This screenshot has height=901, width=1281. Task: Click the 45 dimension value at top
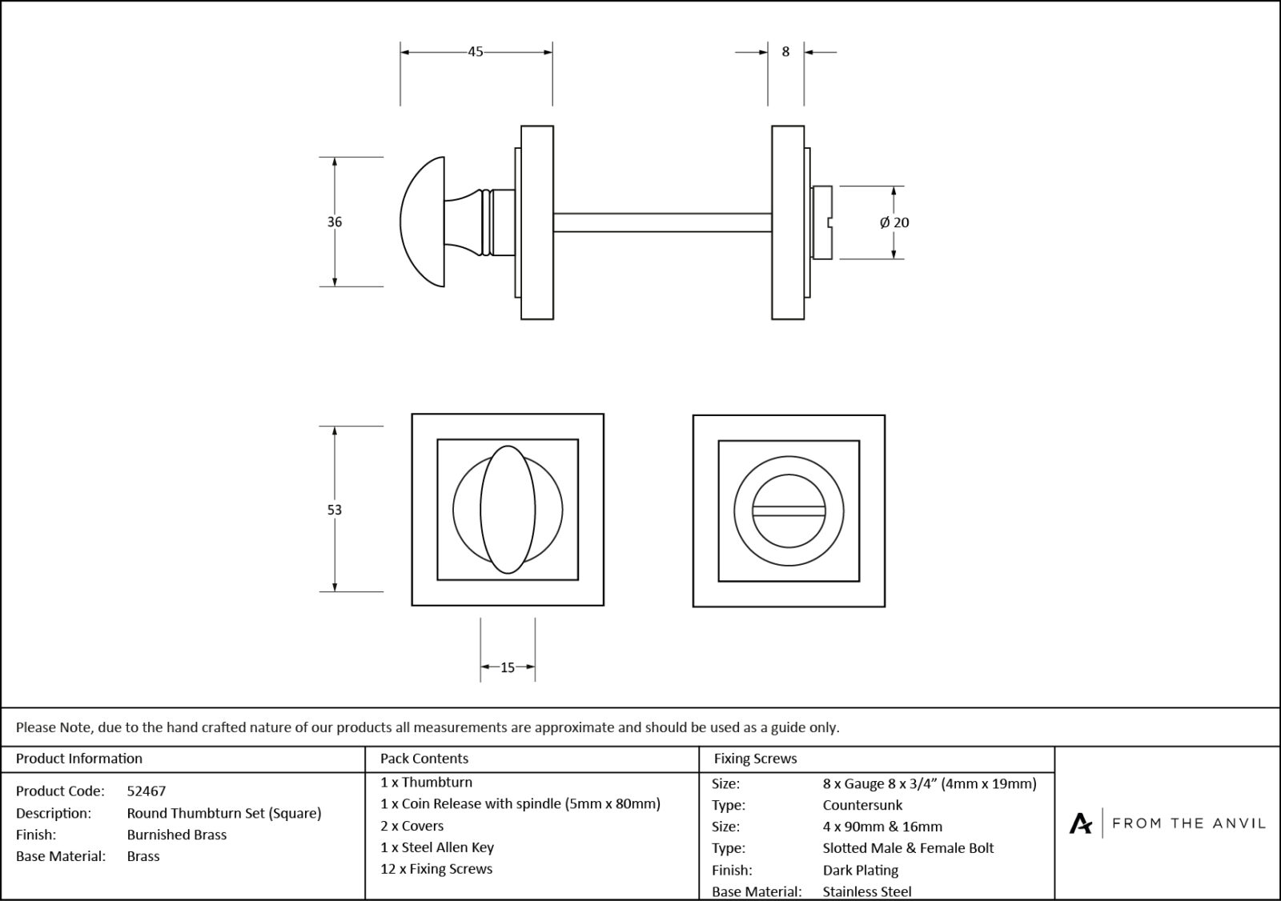click(x=476, y=52)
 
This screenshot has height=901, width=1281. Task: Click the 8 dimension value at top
click(x=785, y=52)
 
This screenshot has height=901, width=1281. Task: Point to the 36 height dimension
click(x=335, y=222)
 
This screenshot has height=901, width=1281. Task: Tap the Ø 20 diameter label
click(x=894, y=223)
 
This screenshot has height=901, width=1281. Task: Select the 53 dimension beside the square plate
click(x=335, y=510)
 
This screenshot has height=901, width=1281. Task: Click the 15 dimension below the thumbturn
click(x=508, y=667)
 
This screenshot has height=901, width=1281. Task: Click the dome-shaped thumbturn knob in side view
click(x=424, y=222)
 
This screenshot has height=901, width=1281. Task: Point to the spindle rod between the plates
click(x=662, y=222)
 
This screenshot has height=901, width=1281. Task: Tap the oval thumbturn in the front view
click(x=508, y=510)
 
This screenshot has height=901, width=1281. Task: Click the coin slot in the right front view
click(x=789, y=510)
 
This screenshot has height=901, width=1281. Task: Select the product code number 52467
click(x=147, y=791)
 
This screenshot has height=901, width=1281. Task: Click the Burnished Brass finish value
click(x=177, y=835)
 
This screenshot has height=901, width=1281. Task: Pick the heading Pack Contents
click(x=424, y=759)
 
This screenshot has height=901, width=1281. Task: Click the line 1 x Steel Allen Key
click(x=437, y=847)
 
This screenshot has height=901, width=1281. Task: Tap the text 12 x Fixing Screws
click(x=436, y=869)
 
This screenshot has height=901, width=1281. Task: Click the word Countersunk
click(x=862, y=806)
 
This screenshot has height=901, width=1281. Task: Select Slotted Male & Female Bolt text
click(x=908, y=848)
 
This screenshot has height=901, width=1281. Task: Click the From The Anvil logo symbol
click(x=1080, y=823)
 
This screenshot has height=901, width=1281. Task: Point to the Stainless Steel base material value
click(x=867, y=891)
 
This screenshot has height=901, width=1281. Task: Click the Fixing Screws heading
click(x=755, y=759)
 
